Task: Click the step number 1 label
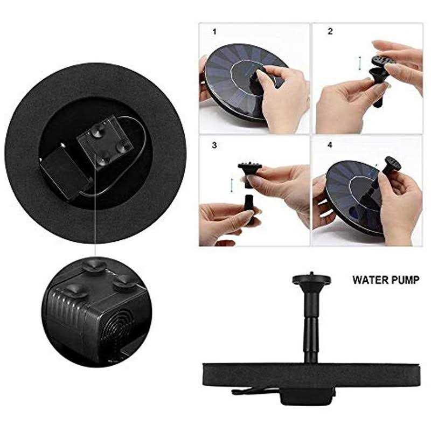tap(214, 32)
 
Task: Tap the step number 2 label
tap(330, 31)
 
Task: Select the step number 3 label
tap(214, 145)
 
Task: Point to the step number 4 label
tap(330, 144)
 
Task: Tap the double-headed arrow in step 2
tap(359, 63)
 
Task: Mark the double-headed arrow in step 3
tap(232, 185)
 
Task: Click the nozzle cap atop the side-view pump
tap(311, 279)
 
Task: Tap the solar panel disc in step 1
tap(245, 80)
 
